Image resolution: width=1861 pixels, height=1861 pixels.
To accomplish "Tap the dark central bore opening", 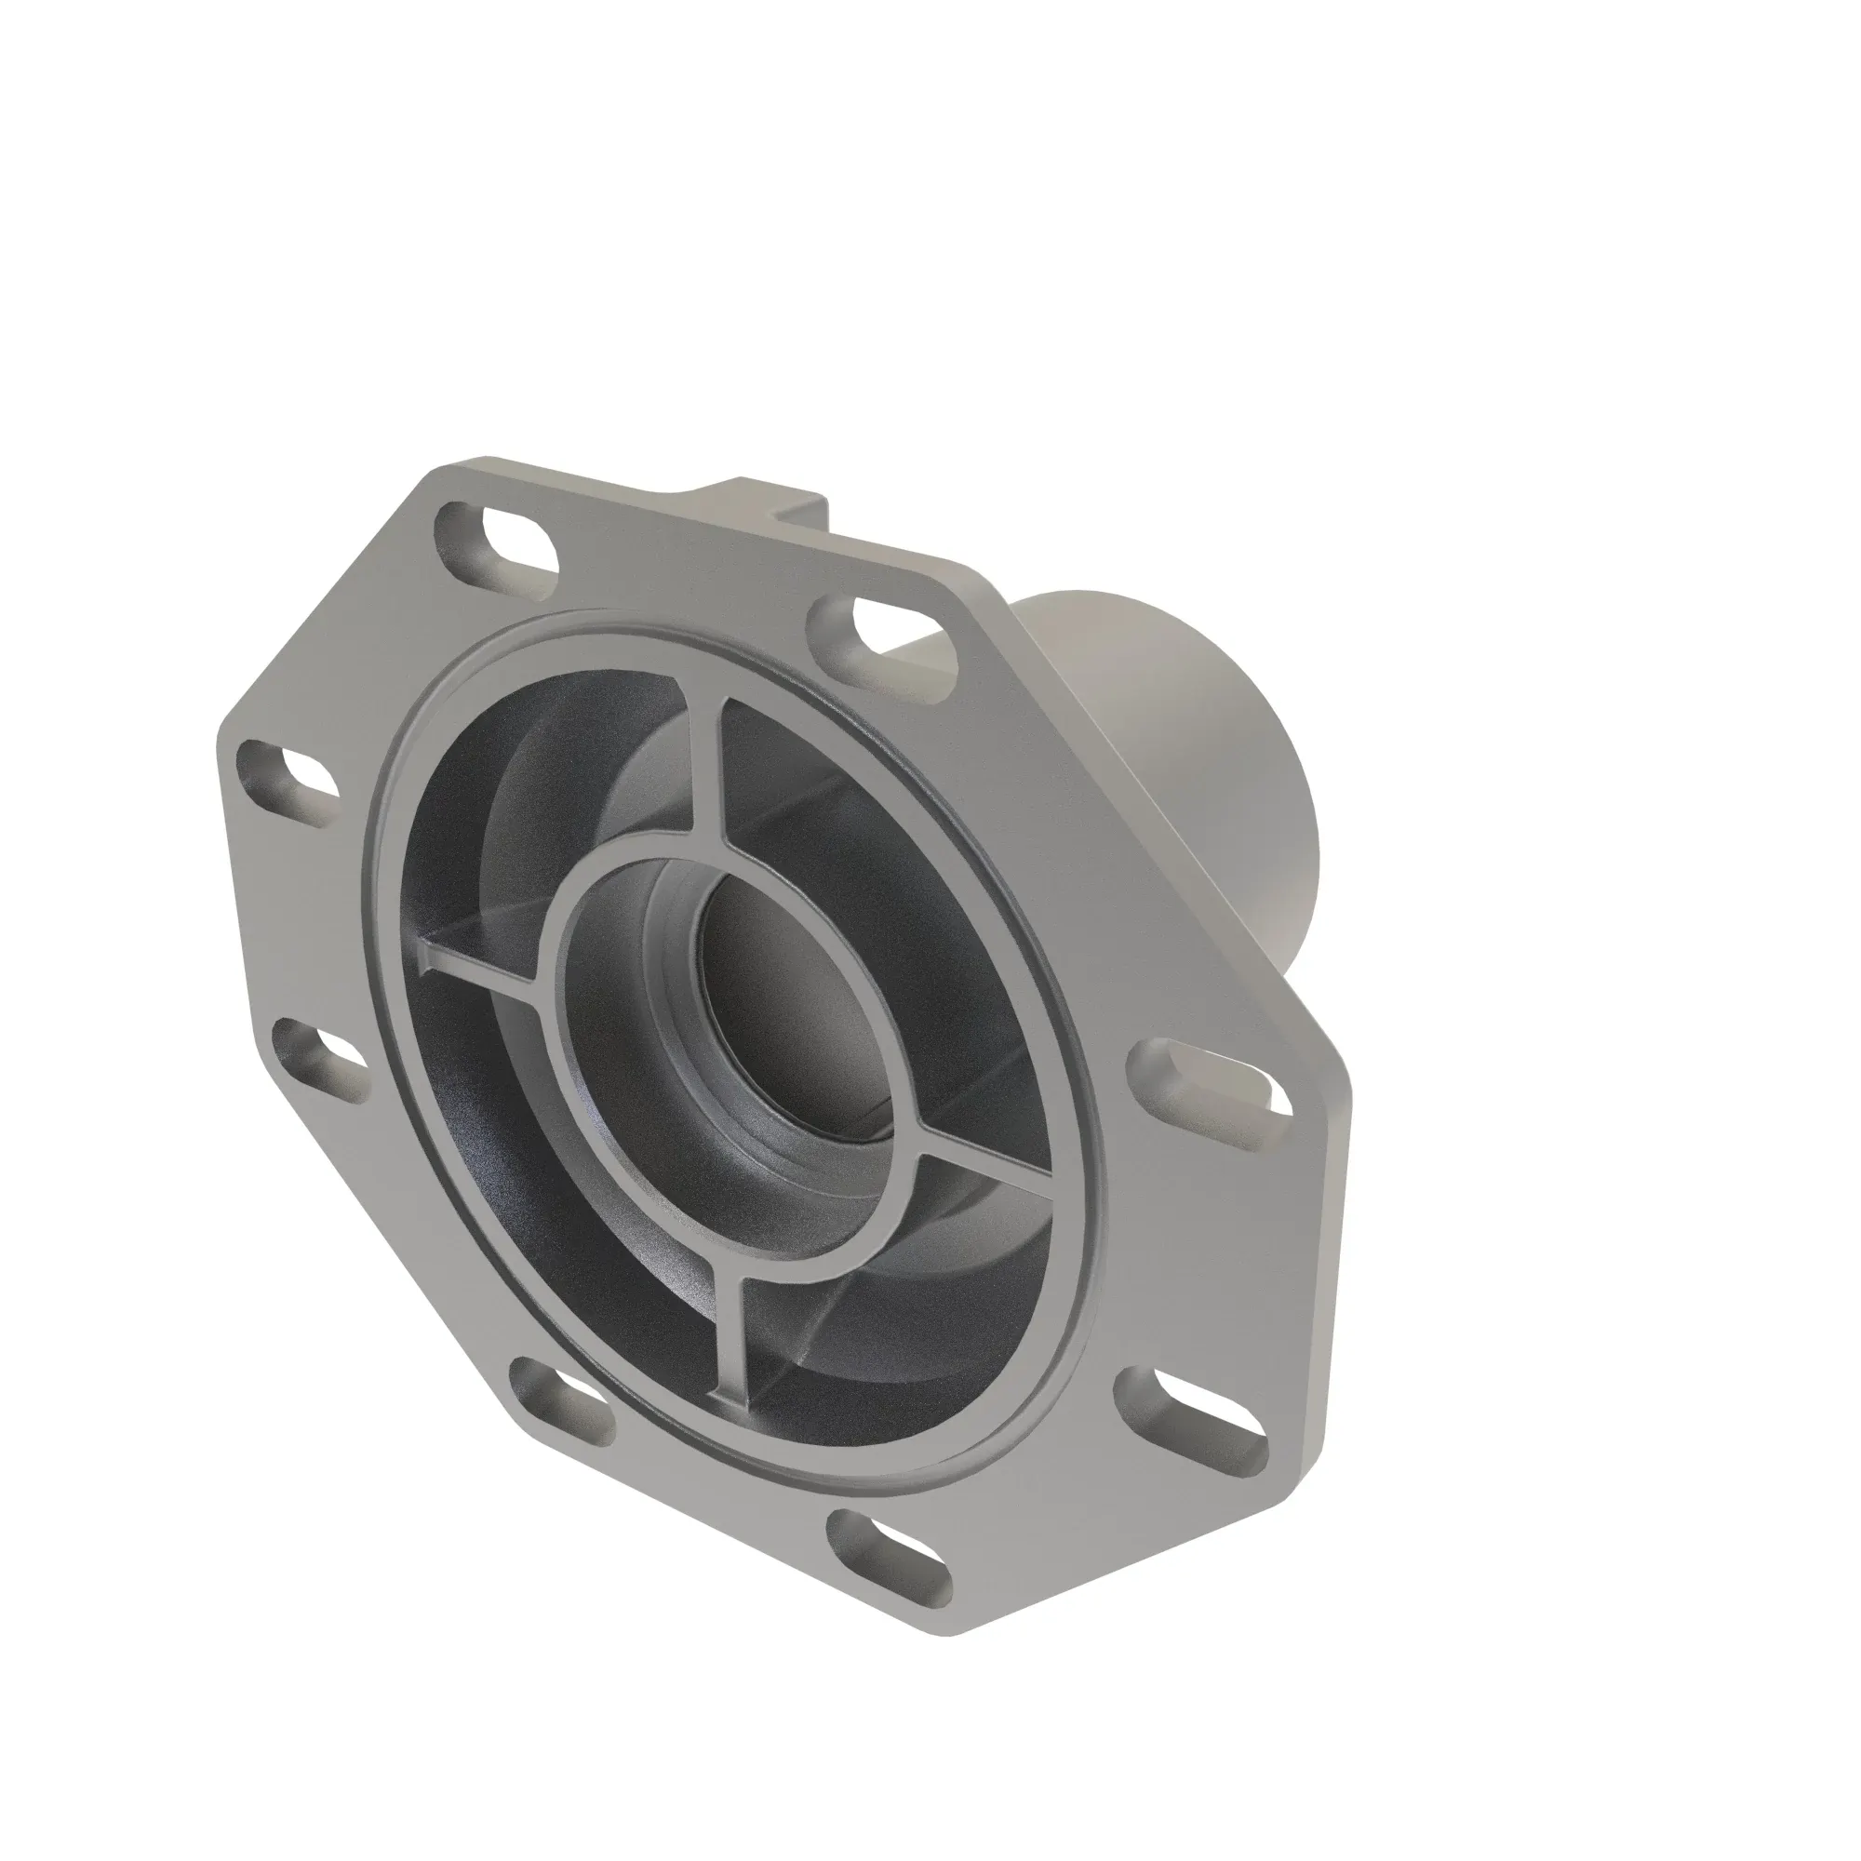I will coord(799,1002).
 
